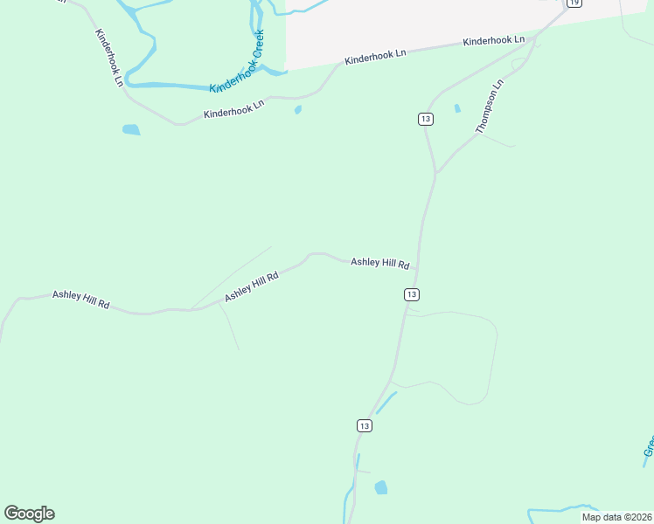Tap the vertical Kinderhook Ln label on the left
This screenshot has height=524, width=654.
click(x=110, y=58)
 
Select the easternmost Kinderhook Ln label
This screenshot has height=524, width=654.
click(x=494, y=41)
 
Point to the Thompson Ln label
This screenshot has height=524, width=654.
click(x=491, y=107)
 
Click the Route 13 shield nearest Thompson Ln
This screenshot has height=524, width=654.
click(x=425, y=119)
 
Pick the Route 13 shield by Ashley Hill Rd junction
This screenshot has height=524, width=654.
click(x=412, y=294)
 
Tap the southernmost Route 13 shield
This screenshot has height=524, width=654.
click(x=365, y=425)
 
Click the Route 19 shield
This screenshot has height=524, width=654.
click(x=574, y=3)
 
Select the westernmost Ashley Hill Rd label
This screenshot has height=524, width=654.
click(x=80, y=299)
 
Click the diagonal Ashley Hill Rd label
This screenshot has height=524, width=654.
click(x=251, y=286)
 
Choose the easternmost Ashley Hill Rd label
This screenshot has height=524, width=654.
click(x=380, y=263)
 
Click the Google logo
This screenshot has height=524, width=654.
click(x=29, y=514)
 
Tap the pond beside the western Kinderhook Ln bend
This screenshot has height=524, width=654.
click(x=131, y=130)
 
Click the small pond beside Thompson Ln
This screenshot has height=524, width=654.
click(x=457, y=108)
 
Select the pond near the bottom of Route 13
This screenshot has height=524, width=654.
click(x=380, y=487)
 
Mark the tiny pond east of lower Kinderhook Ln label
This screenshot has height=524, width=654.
click(x=298, y=110)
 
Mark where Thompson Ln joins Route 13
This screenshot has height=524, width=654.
click(x=435, y=173)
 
